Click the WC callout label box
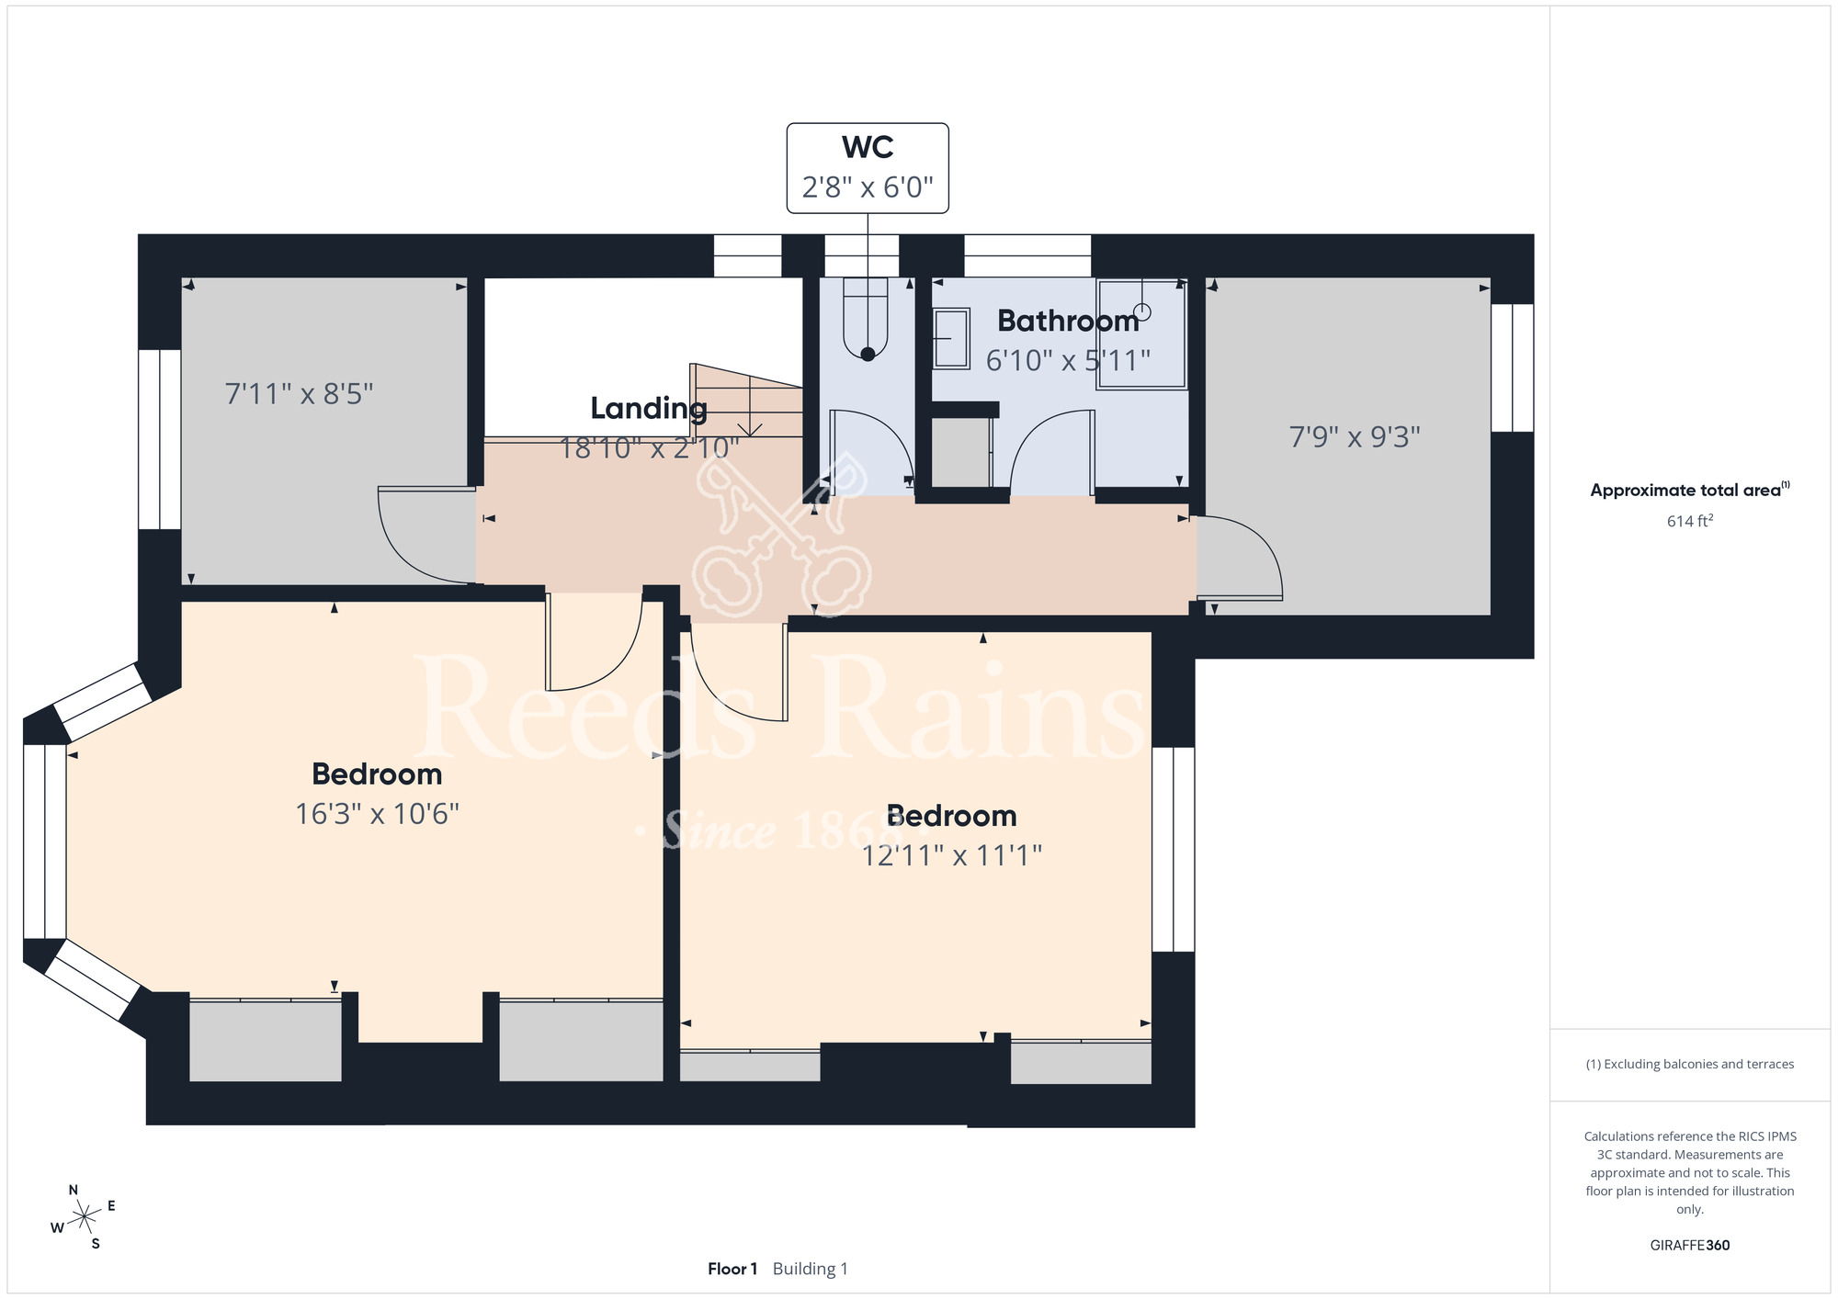pos(868,168)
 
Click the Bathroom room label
pos(1068,321)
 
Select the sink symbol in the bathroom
pos(951,339)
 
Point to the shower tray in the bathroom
pos(1141,334)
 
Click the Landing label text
pos(649,408)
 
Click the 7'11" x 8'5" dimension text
pos(300,394)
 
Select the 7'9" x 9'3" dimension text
pos(1355,436)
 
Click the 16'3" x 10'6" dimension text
pos(377,814)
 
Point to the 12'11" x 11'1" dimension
pos(951,855)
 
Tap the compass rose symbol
pos(84,1217)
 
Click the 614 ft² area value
pos(1690,521)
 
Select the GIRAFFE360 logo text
pos(1690,1246)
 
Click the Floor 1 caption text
pos(732,1269)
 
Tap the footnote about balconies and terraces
pos(1690,1064)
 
